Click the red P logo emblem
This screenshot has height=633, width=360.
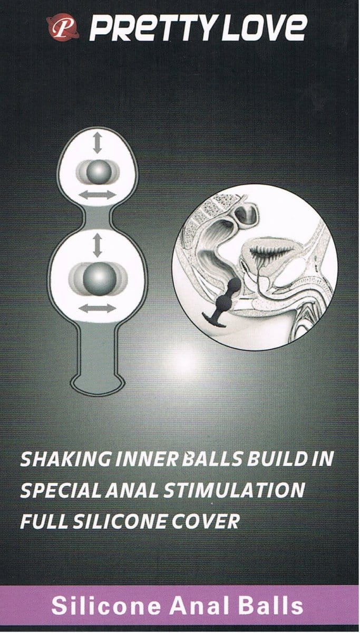click(62, 28)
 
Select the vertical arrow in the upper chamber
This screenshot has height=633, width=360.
click(98, 143)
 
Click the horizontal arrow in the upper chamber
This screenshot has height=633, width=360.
click(97, 195)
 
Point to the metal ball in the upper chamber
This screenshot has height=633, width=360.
click(98, 172)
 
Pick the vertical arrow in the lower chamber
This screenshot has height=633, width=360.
click(98, 245)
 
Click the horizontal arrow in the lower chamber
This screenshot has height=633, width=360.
click(98, 308)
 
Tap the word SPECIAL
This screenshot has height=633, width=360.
click(61, 490)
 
